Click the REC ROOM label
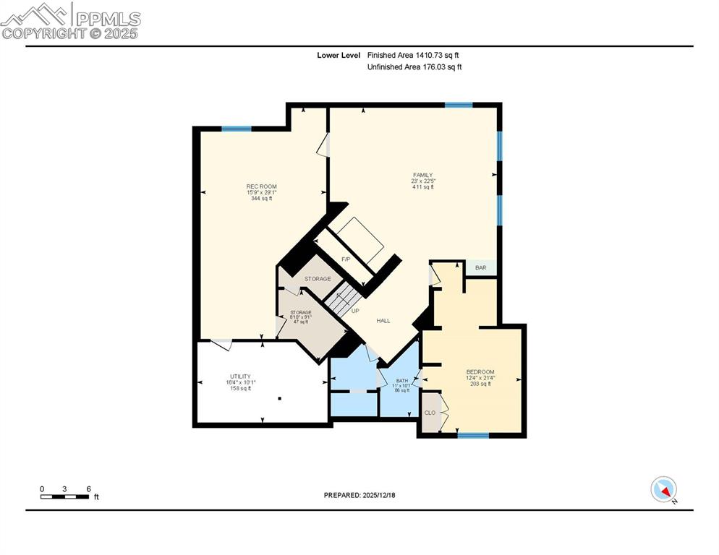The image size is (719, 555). pyautogui.click(x=261, y=186)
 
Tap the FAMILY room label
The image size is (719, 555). pyautogui.click(x=422, y=175)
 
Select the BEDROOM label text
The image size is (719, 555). pyautogui.click(x=480, y=372)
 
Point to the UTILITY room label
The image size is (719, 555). pyautogui.click(x=240, y=377)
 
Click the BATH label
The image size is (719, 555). pyautogui.click(x=402, y=380)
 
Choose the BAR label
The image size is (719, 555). pyautogui.click(x=481, y=268)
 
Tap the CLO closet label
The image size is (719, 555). pyautogui.click(x=430, y=413)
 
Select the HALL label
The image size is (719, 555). pyautogui.click(x=383, y=320)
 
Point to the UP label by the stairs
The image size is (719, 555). pyautogui.click(x=355, y=311)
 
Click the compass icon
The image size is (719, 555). pyautogui.click(x=663, y=489)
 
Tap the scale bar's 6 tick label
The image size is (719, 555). pyautogui.click(x=88, y=489)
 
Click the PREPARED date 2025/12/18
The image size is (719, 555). pyautogui.click(x=359, y=495)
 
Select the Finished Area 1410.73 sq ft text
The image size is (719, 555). pyautogui.click(x=413, y=55)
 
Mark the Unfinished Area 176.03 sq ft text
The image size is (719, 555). pyautogui.click(x=414, y=67)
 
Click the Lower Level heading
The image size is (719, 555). pyautogui.click(x=337, y=55)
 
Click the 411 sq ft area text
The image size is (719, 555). pyautogui.click(x=422, y=187)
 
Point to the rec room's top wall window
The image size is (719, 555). pyautogui.click(x=236, y=129)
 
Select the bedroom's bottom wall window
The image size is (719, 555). pyautogui.click(x=473, y=435)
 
